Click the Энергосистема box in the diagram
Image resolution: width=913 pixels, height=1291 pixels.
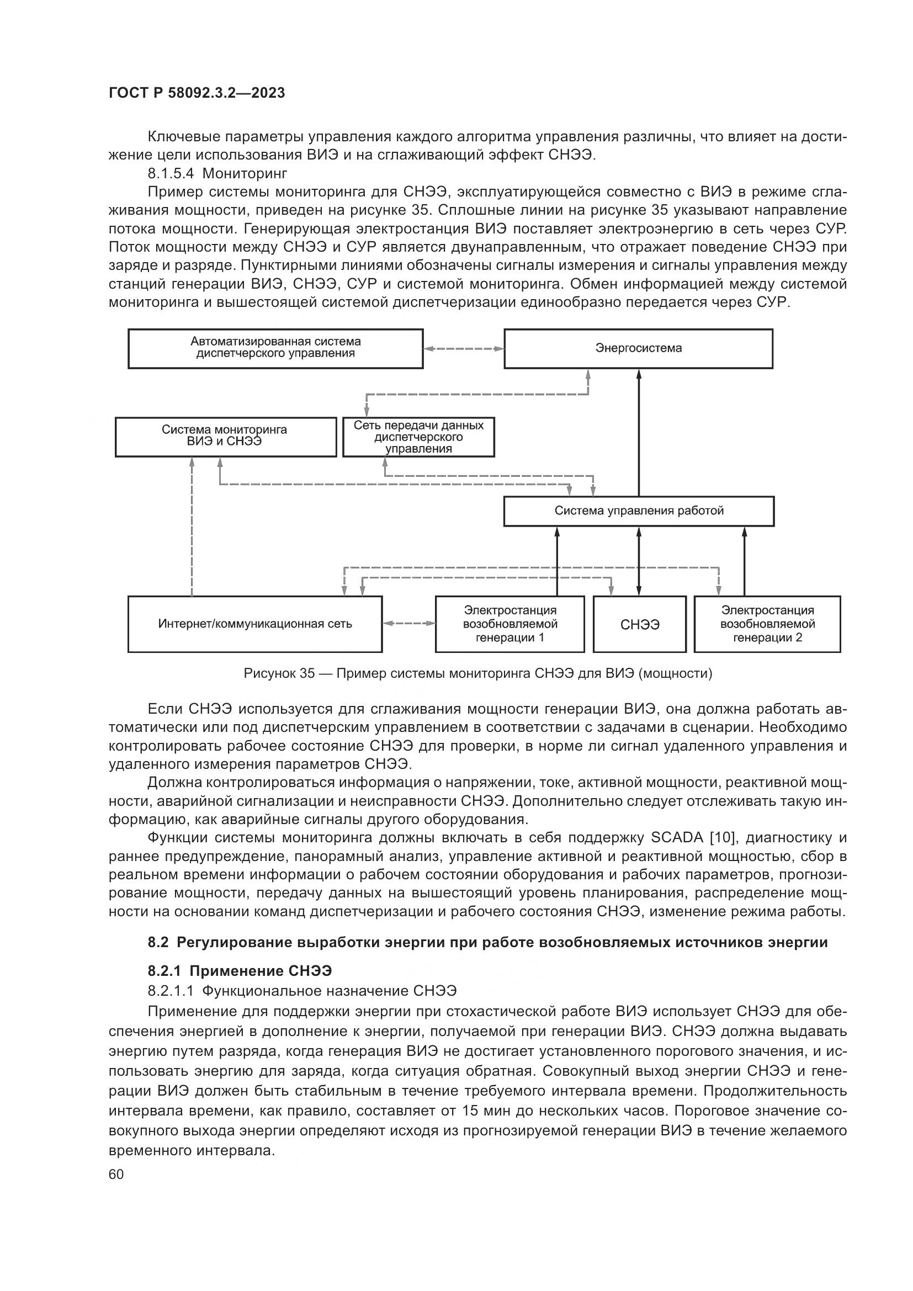pos(638,349)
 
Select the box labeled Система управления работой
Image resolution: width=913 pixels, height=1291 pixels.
pos(639,511)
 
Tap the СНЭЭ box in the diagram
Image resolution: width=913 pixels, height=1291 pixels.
pos(640,625)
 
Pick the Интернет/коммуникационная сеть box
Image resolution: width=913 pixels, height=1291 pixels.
pos(254,624)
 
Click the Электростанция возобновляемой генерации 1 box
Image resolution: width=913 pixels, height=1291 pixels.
pos(510,624)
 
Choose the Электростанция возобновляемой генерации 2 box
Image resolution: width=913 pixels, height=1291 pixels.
pos(767,624)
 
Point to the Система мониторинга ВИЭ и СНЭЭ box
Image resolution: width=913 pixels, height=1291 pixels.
pos(225,437)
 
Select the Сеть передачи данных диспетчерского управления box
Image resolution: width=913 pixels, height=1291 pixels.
pos(418,437)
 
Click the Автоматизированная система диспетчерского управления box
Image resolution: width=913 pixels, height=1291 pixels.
pos(275,349)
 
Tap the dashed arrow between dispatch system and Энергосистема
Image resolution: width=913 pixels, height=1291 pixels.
pos(464,349)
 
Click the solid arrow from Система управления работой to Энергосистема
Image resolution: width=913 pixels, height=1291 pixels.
pos(639,433)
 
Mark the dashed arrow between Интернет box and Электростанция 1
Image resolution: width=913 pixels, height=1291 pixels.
pos(408,623)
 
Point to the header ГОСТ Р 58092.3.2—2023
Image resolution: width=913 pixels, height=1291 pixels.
pos(197,93)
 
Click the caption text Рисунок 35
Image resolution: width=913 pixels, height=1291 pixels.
pos(279,673)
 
